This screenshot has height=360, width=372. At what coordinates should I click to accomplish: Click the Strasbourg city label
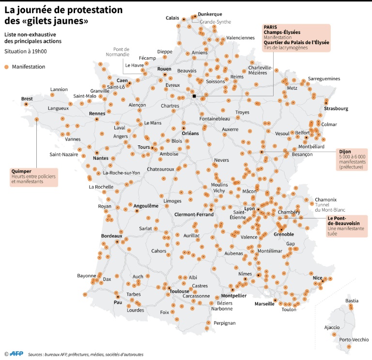click(x=336, y=109)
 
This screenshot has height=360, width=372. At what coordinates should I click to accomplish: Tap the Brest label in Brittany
click(x=27, y=99)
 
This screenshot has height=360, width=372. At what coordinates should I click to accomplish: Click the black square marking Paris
click(x=194, y=96)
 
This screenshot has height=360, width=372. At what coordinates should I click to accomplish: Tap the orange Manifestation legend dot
click(x=6, y=67)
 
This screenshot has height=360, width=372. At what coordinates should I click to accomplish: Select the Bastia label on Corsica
click(x=352, y=301)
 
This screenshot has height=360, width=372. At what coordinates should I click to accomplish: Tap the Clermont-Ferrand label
click(x=194, y=214)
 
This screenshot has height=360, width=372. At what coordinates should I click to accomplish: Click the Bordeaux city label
click(x=112, y=235)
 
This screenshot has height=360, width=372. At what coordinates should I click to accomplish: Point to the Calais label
click(x=172, y=18)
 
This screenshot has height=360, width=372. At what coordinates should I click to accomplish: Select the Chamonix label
click(x=325, y=200)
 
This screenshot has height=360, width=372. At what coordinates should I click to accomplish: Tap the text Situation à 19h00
click(x=26, y=51)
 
